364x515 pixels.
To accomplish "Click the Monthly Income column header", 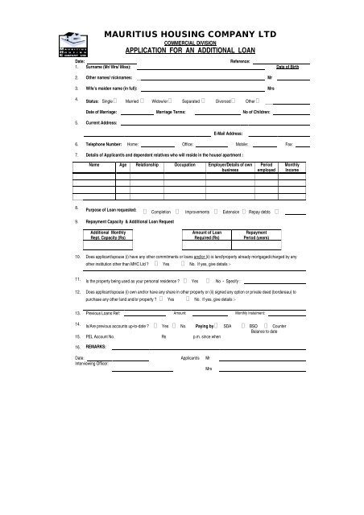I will [x=292, y=167].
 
